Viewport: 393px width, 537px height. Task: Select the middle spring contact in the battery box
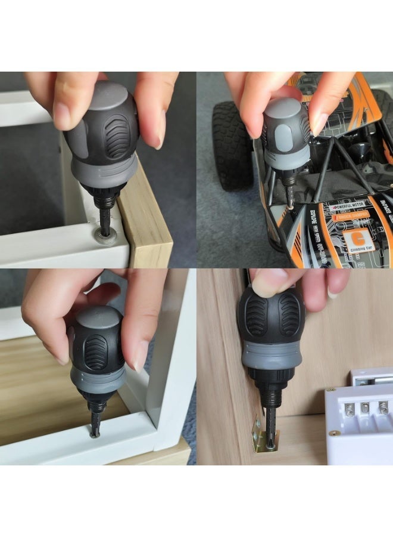coord(365,408)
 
